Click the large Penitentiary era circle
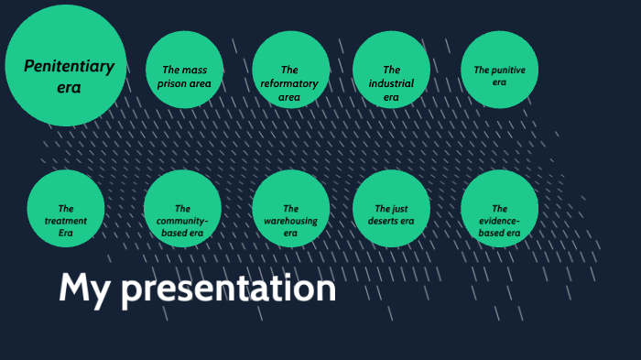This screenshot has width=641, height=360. click(x=66, y=66)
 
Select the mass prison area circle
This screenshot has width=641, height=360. click(x=185, y=70)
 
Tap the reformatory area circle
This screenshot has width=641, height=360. click(x=290, y=70)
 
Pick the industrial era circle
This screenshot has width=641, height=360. click(x=391, y=70)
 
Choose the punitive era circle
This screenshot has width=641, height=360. click(x=499, y=70)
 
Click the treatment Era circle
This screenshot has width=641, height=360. click(x=66, y=209)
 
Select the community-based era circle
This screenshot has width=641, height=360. click(x=183, y=209)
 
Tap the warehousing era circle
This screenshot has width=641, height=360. click(x=290, y=209)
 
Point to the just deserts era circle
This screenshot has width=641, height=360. click(x=391, y=209)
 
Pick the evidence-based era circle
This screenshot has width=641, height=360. click(x=499, y=209)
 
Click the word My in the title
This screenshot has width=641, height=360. click(x=85, y=289)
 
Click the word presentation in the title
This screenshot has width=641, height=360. click(x=229, y=289)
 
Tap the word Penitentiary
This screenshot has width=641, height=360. click(x=69, y=66)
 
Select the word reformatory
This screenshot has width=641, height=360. click(x=290, y=83)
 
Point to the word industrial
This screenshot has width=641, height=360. click(x=391, y=83)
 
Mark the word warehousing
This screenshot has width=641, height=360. click(x=290, y=221)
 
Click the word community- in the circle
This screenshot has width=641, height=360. click(x=183, y=221)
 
